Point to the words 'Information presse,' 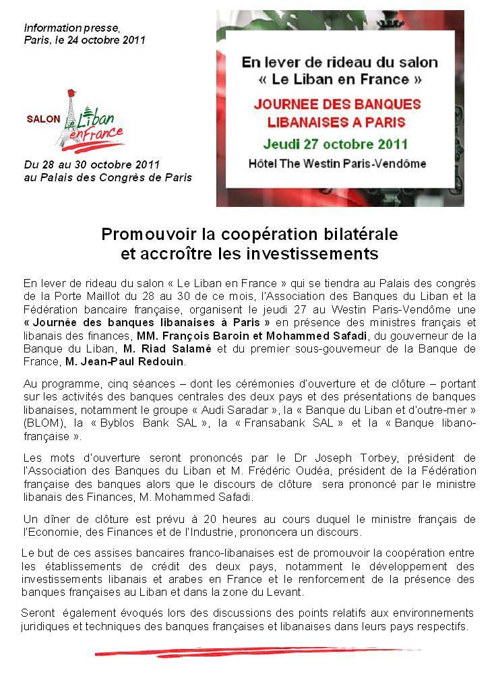71,28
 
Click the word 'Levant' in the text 284,592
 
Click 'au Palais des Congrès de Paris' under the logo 108,177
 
